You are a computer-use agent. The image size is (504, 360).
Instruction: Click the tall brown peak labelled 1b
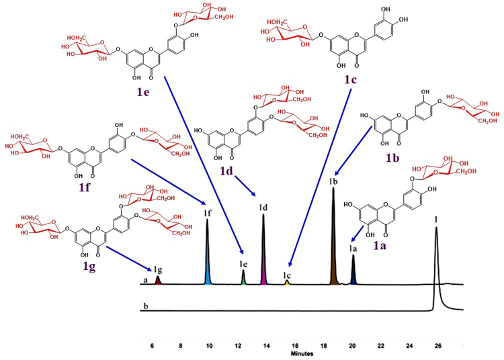point(333,242)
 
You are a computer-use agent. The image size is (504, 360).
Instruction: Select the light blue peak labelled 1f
point(208,255)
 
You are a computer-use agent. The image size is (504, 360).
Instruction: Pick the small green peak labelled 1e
point(243,277)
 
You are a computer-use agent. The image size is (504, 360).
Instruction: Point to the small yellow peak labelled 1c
point(287,282)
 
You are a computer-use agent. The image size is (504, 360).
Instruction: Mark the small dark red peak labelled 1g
point(158,279)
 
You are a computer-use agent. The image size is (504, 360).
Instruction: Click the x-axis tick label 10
point(209,347)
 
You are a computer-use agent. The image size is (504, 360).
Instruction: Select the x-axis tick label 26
point(438,347)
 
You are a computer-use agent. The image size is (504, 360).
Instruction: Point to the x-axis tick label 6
point(153,347)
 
